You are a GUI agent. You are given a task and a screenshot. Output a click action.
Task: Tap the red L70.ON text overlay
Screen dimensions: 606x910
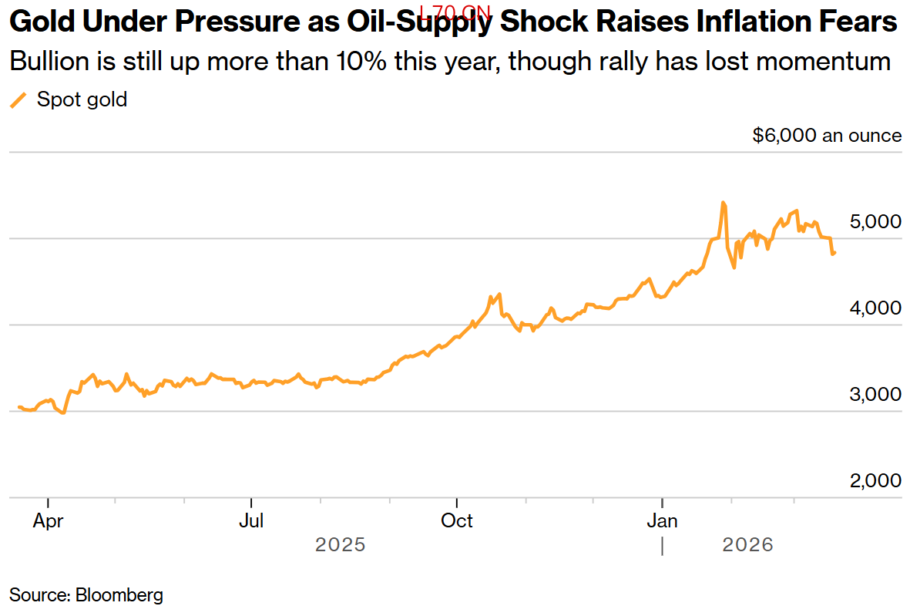coord(455,12)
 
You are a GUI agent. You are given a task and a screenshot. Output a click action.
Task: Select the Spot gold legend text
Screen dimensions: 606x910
coord(82,99)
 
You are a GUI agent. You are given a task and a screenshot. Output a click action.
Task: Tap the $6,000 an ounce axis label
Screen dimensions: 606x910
coord(827,136)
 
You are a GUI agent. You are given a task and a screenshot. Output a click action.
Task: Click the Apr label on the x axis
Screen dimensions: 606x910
coord(48,521)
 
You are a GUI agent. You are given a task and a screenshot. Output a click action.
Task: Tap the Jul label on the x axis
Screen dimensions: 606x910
coord(251,521)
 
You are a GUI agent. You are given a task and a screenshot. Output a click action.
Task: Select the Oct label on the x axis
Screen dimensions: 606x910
coord(457,521)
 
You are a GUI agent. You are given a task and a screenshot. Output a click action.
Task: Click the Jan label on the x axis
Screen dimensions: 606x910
coord(662,521)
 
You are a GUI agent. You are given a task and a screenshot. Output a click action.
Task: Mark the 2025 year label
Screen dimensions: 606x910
coord(340,545)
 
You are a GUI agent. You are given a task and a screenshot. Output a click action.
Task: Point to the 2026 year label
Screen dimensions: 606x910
coord(747,545)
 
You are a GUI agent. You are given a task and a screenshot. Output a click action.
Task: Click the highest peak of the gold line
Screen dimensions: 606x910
coord(723,203)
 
